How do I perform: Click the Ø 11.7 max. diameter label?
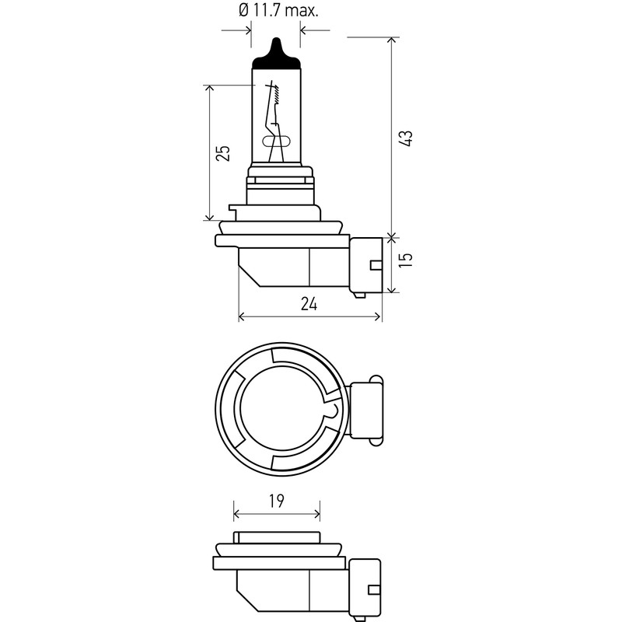pyautogui.click(x=278, y=10)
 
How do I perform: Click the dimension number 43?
pyautogui.click(x=406, y=138)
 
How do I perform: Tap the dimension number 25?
pyautogui.click(x=223, y=153)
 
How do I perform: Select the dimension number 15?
pyautogui.click(x=406, y=259)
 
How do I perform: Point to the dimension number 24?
pyautogui.click(x=309, y=304)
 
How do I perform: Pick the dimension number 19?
pyautogui.click(x=277, y=501)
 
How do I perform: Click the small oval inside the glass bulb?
pyautogui.click(x=276, y=141)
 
